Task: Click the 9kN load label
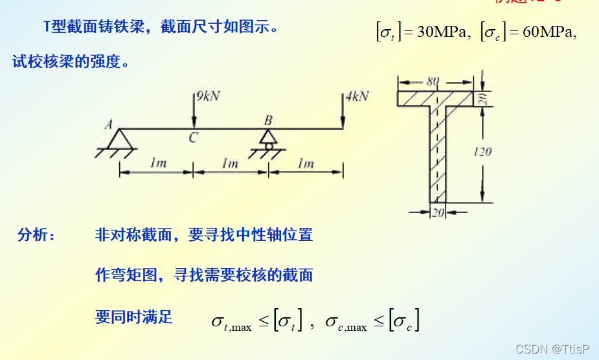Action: pyautogui.click(x=209, y=96)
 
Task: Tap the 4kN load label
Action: pyautogui.click(x=357, y=96)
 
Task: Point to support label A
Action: pyautogui.click(x=108, y=125)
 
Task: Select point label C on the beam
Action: pyautogui.click(x=193, y=138)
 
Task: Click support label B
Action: pyautogui.click(x=268, y=120)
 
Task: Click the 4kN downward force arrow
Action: pyautogui.click(x=343, y=111)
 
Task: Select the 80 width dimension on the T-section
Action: pyautogui.click(x=433, y=82)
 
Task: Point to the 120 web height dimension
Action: pyautogui.click(x=482, y=152)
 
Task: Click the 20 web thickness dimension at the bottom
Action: pyautogui.click(x=438, y=212)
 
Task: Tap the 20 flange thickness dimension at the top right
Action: pyautogui.click(x=482, y=98)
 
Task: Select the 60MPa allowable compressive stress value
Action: pyautogui.click(x=547, y=31)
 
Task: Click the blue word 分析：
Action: pyautogui.click(x=37, y=235)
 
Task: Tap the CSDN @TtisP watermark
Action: pyautogui.click(x=552, y=349)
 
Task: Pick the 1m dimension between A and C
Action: pyautogui.click(x=157, y=164)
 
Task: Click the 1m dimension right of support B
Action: pyautogui.click(x=306, y=164)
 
